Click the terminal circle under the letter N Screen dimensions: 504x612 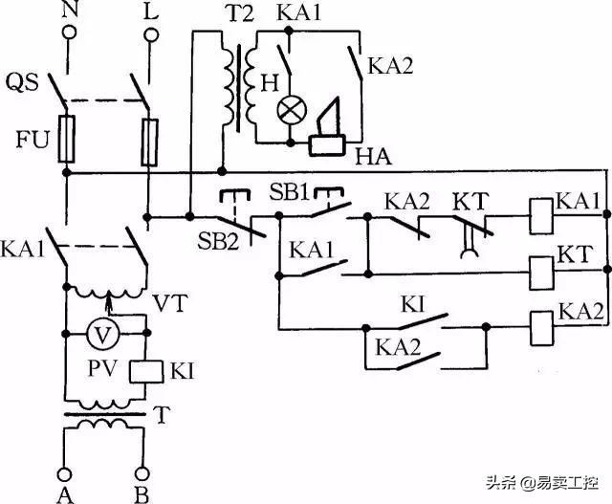click(68, 33)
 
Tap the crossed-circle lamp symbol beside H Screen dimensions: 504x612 click(290, 110)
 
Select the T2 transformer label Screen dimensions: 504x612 click(241, 15)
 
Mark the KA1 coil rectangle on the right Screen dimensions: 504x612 click(542, 210)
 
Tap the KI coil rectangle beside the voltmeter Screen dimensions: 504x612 click(143, 370)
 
